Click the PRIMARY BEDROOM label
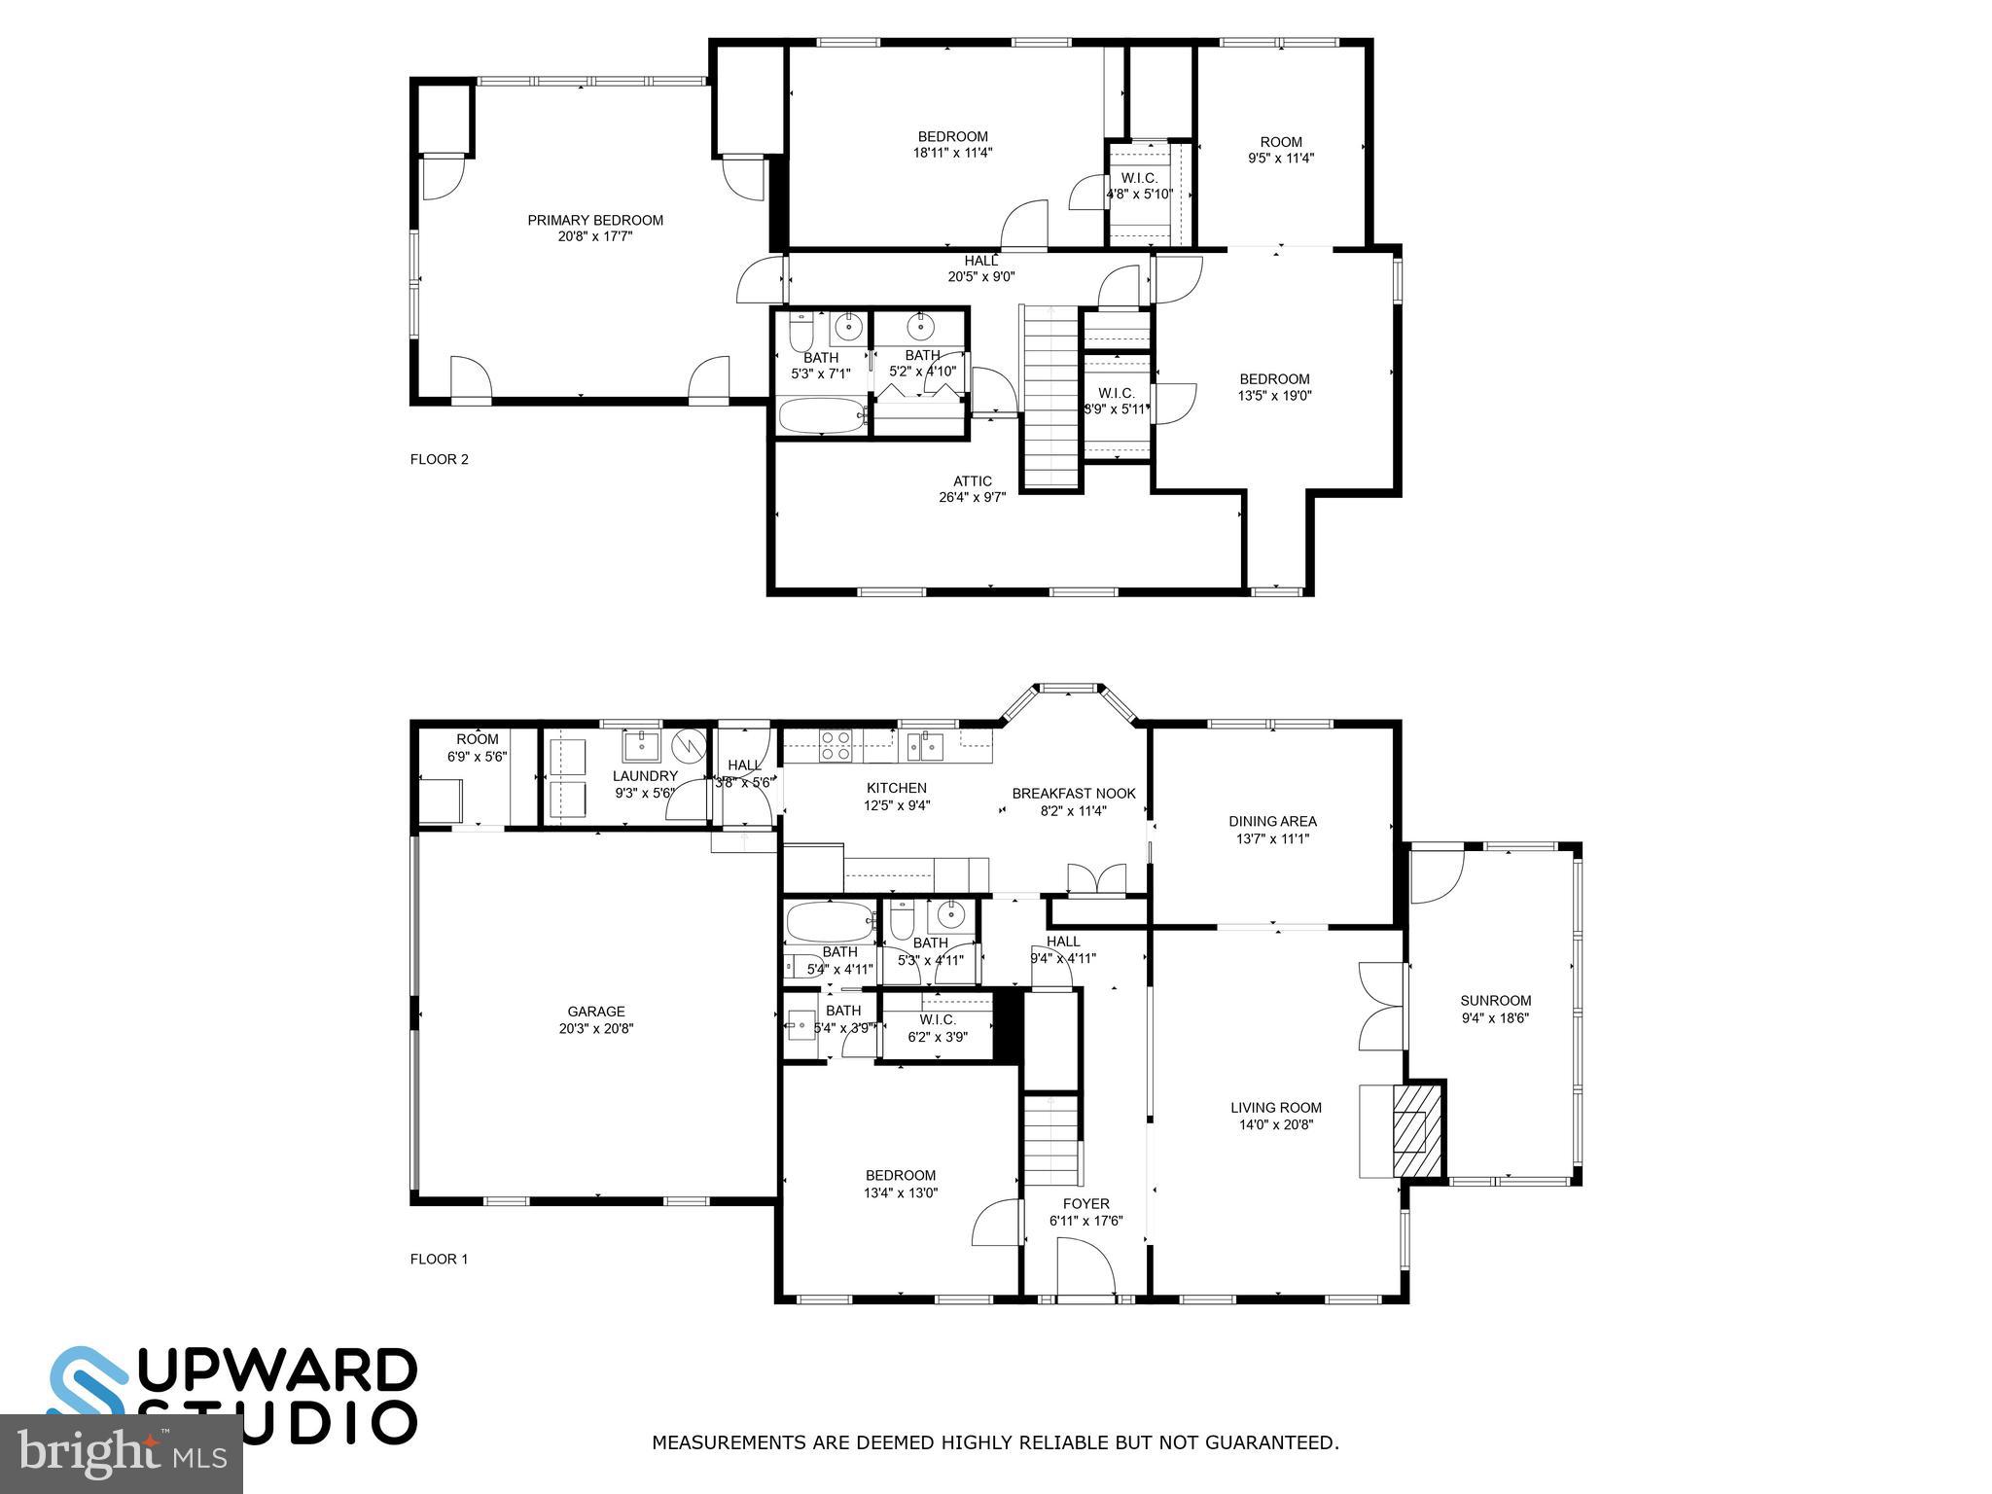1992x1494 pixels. click(595, 228)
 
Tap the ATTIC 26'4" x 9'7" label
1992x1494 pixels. click(972, 488)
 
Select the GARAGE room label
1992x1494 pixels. click(596, 1019)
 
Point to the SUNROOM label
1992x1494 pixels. click(1495, 1009)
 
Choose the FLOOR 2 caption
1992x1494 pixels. click(439, 459)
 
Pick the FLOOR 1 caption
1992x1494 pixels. click(439, 1259)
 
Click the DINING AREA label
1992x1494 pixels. click(1272, 829)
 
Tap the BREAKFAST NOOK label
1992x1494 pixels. click(1073, 801)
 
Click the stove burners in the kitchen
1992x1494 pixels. click(836, 745)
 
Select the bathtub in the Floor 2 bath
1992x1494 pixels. click(823, 416)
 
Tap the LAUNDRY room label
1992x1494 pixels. click(645, 784)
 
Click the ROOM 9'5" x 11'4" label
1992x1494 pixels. click(1281, 150)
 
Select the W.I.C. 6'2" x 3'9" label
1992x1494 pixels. click(937, 1028)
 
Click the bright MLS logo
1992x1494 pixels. click(122, 1455)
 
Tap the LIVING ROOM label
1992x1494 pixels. click(1275, 1116)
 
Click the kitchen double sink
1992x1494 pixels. click(925, 746)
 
